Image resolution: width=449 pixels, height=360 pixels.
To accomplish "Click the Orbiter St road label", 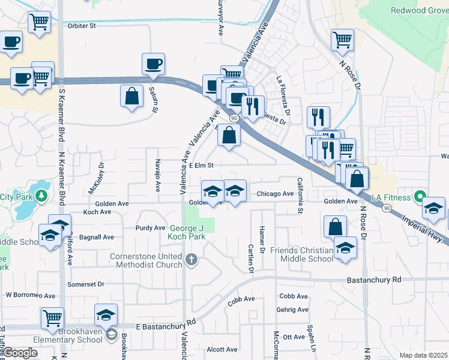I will [x=81, y=26].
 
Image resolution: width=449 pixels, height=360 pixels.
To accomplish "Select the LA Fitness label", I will [x=391, y=197].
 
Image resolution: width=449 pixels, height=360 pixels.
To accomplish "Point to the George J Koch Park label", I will [x=187, y=232].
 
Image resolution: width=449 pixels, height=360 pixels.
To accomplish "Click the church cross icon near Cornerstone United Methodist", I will [x=191, y=259].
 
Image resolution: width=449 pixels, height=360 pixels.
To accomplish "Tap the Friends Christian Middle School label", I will [x=301, y=254].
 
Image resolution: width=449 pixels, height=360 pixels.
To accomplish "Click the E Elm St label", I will [x=201, y=165].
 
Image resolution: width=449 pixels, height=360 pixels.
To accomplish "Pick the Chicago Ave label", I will [x=275, y=194].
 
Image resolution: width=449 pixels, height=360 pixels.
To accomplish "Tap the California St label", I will [x=300, y=195].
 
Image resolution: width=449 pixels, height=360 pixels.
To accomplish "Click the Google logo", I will [x=20, y=353].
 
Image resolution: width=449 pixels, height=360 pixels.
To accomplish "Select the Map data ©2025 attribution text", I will [x=423, y=355].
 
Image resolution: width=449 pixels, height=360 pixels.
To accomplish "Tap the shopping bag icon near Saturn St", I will [x=131, y=96].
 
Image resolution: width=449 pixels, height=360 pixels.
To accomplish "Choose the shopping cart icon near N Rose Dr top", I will [x=342, y=40].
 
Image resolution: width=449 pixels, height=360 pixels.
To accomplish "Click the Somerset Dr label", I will [x=86, y=284].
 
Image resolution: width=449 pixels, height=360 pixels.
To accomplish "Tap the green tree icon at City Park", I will [x=40, y=196].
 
